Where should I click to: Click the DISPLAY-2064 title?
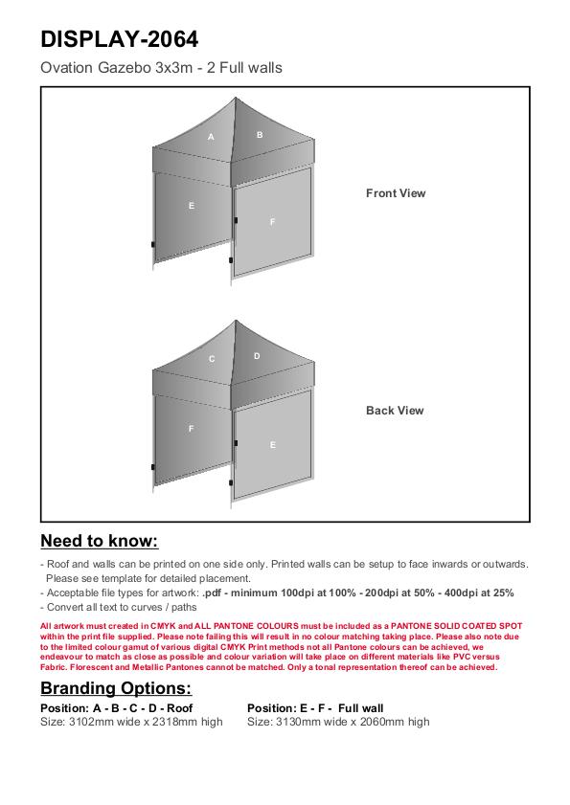[x=119, y=39]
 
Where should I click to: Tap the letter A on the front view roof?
[x=211, y=137]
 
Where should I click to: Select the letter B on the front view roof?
[x=260, y=135]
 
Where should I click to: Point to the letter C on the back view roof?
[x=212, y=359]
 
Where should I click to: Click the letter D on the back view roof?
[x=257, y=356]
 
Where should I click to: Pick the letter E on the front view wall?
[x=192, y=206]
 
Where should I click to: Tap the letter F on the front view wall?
[x=272, y=222]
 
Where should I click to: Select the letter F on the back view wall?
[x=192, y=428]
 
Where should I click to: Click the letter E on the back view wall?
[x=273, y=444]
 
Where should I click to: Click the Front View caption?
[x=396, y=193]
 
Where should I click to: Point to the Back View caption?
[x=395, y=411]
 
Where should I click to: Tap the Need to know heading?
[x=100, y=541]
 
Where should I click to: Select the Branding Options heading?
[x=116, y=688]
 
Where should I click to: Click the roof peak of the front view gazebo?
[x=236, y=98]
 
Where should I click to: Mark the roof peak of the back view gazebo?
[x=236, y=321]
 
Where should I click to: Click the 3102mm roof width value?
[x=88, y=722]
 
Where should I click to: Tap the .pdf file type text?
[x=212, y=593]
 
